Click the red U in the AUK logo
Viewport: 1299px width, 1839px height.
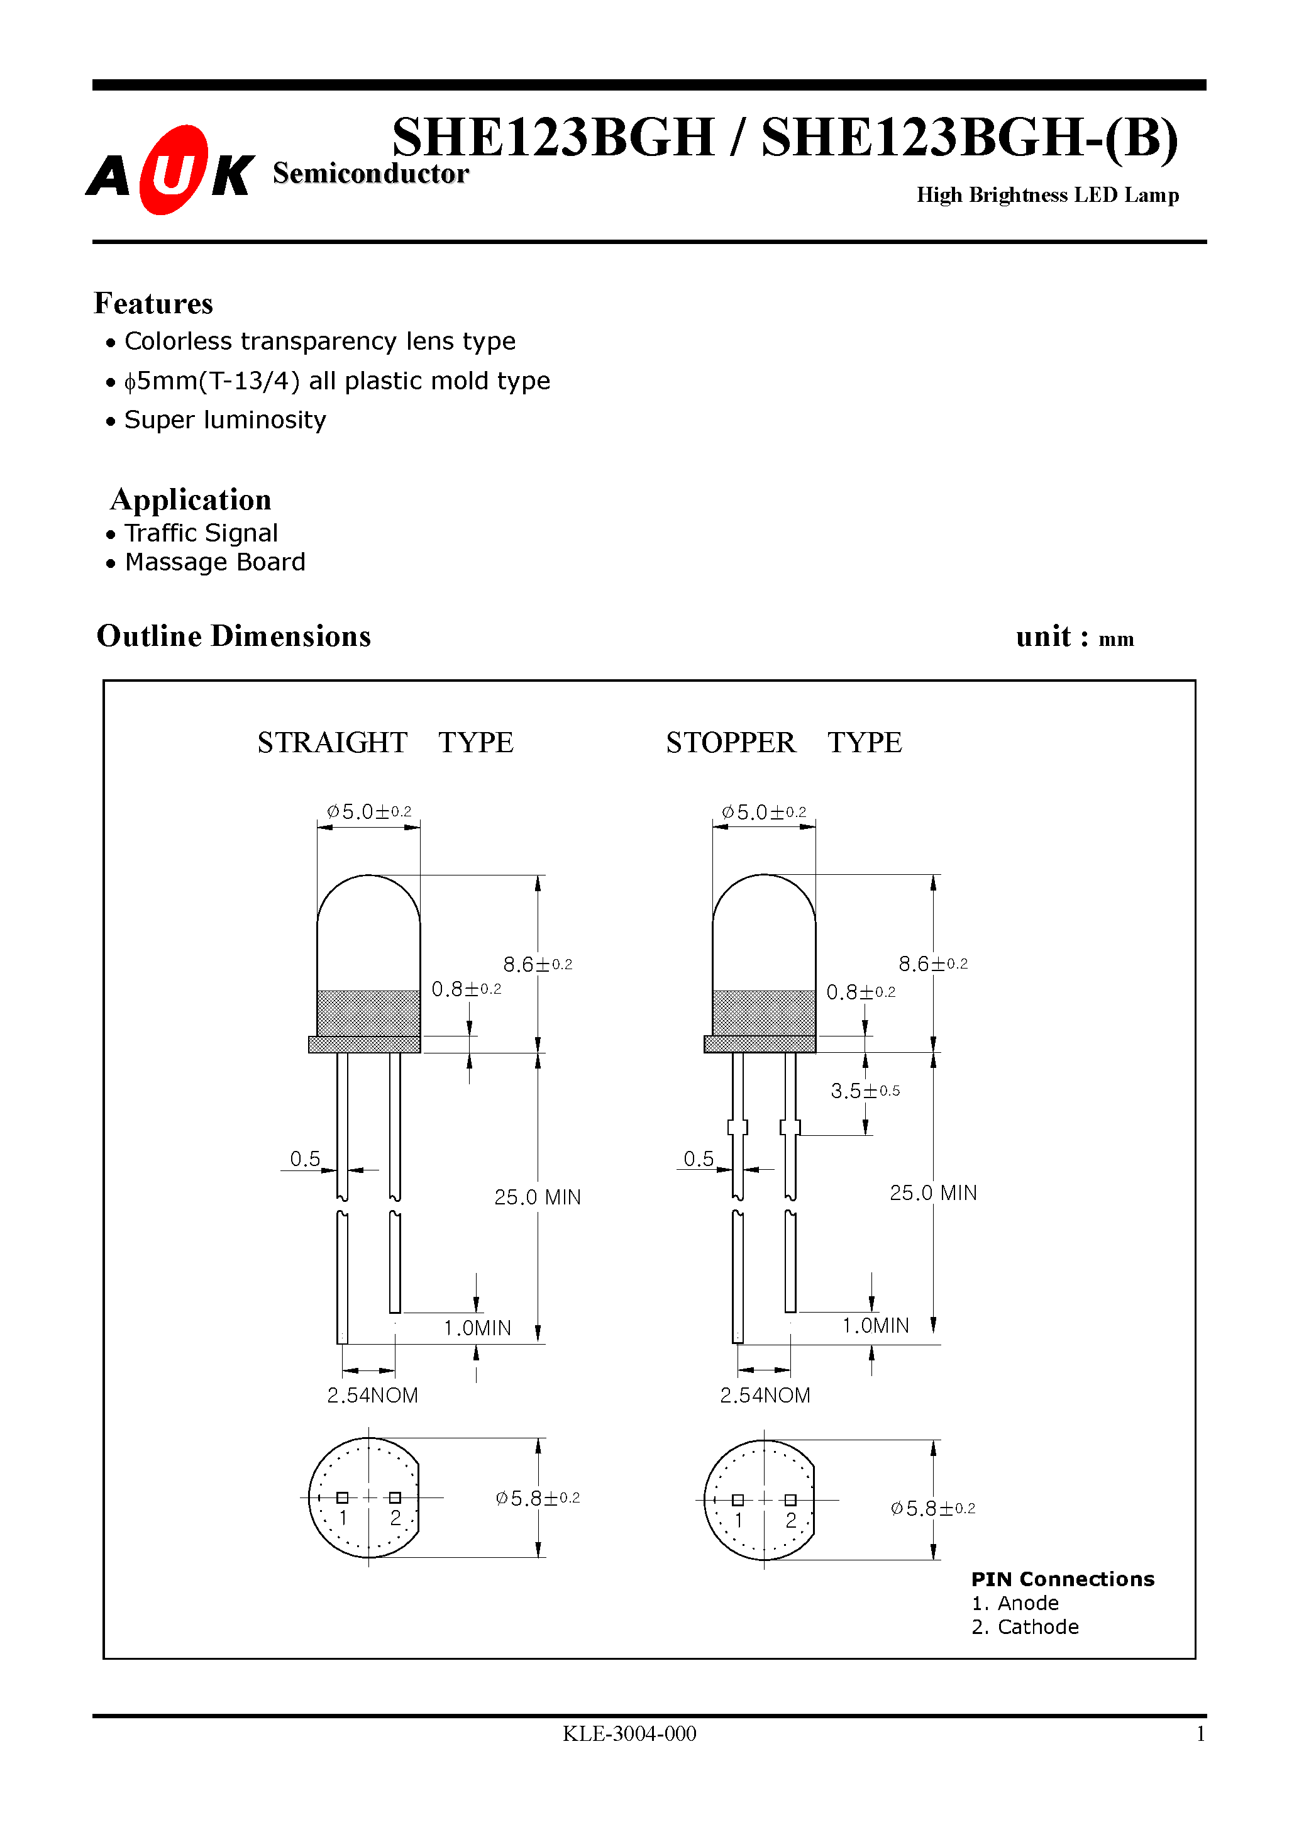pos(172,170)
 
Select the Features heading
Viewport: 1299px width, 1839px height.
pos(153,304)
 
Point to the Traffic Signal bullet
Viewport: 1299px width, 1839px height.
pos(201,533)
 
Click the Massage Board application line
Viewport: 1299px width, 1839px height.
pos(214,562)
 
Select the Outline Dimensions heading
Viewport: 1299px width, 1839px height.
pos(233,636)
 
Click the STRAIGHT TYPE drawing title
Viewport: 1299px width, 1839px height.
pos(384,743)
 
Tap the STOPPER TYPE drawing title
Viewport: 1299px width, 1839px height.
pos(783,743)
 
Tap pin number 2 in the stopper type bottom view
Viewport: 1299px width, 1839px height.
pos(790,1520)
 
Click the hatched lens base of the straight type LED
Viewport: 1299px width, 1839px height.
pos(368,1014)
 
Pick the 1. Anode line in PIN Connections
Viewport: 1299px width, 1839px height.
pos(1015,1604)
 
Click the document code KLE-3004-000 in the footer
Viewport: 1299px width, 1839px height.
pos(629,1734)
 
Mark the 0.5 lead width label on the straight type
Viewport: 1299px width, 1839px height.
pos(304,1159)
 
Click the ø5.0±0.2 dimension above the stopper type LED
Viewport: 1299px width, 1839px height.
pos(763,812)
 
